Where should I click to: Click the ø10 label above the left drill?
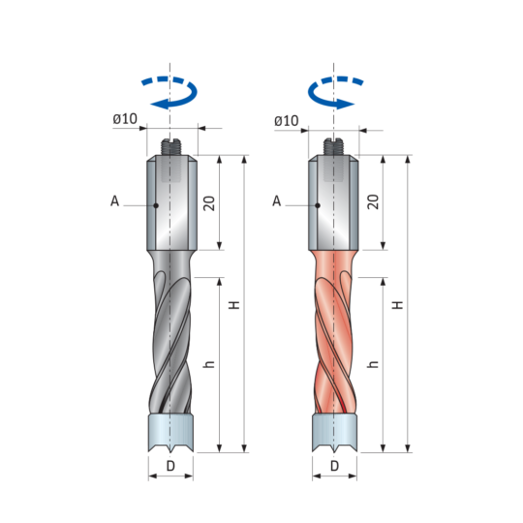click(125, 119)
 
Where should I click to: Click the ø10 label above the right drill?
click(287, 121)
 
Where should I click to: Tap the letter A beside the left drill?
click(114, 201)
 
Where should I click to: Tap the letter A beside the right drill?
click(277, 201)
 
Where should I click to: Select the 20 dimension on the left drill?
click(209, 203)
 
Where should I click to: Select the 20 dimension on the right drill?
click(373, 201)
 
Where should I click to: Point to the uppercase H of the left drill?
click(234, 305)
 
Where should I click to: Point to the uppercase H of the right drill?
click(398, 305)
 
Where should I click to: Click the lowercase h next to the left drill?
click(209, 364)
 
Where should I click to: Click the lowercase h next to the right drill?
click(373, 364)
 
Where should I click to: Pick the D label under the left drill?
click(170, 466)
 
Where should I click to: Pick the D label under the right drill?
click(334, 466)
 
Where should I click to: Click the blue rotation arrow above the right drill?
click(317, 102)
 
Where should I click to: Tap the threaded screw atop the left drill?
click(170, 147)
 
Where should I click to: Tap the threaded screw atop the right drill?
click(333, 147)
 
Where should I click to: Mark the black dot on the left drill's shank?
click(156, 205)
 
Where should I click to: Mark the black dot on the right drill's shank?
click(318, 205)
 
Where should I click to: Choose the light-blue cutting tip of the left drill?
click(170, 433)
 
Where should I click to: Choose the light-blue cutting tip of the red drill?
click(334, 433)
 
